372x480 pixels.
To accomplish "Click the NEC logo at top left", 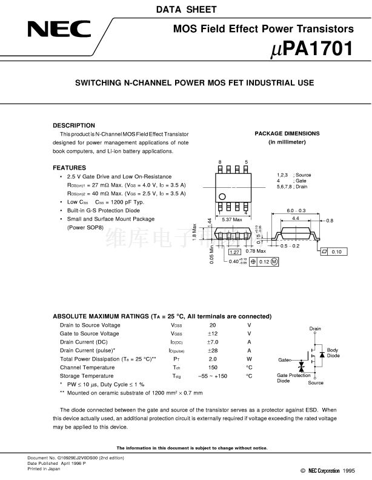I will click(x=58, y=29).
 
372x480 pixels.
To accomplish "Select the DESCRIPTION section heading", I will click(x=74, y=125).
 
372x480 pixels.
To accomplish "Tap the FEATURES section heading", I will click(x=69, y=167).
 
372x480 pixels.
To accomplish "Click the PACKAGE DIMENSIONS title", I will click(x=287, y=133).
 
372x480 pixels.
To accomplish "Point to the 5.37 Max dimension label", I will click(x=232, y=219).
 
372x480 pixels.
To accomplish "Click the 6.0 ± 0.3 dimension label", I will click(x=296, y=210).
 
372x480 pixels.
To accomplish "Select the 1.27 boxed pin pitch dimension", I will click(x=236, y=251).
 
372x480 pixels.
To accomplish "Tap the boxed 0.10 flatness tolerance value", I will click(x=336, y=252).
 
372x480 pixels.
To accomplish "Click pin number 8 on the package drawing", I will click(x=220, y=162).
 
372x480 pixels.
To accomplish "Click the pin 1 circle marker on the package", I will click(x=222, y=196).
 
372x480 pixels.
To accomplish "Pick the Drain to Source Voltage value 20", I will click(x=213, y=325).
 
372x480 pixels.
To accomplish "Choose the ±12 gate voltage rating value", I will click(x=213, y=334).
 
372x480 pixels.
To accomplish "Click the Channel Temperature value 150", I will click(x=213, y=368).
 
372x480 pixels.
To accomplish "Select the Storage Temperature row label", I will click(x=87, y=376).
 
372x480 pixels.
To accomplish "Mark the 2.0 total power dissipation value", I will click(x=213, y=359).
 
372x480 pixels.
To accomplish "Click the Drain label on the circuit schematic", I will click(x=315, y=329).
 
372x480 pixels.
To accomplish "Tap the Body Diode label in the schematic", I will click(x=333, y=353).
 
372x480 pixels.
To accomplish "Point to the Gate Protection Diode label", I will click(x=293, y=378).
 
